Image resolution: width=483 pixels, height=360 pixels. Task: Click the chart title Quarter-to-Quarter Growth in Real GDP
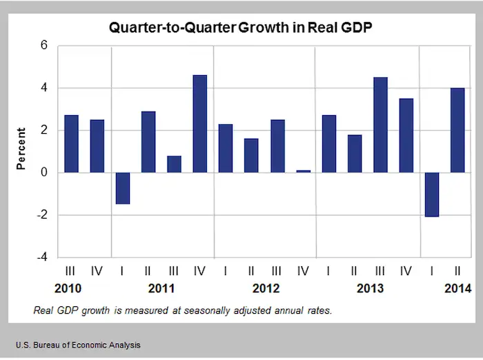241,30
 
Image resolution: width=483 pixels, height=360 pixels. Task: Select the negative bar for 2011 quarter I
122,188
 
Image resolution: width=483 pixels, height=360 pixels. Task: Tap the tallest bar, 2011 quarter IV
199,123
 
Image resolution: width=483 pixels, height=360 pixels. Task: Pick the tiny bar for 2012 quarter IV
302,171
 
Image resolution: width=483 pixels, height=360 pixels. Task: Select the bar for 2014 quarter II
457,130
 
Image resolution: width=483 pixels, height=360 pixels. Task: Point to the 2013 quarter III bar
379,125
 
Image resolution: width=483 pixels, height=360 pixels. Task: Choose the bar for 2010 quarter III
71,144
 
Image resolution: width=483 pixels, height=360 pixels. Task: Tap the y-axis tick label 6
43,46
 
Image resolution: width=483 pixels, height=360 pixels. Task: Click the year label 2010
71,288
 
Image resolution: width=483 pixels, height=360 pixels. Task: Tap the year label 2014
457,288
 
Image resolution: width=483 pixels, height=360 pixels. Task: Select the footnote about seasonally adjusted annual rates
182,310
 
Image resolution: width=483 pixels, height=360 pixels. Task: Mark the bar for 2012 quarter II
251,156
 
